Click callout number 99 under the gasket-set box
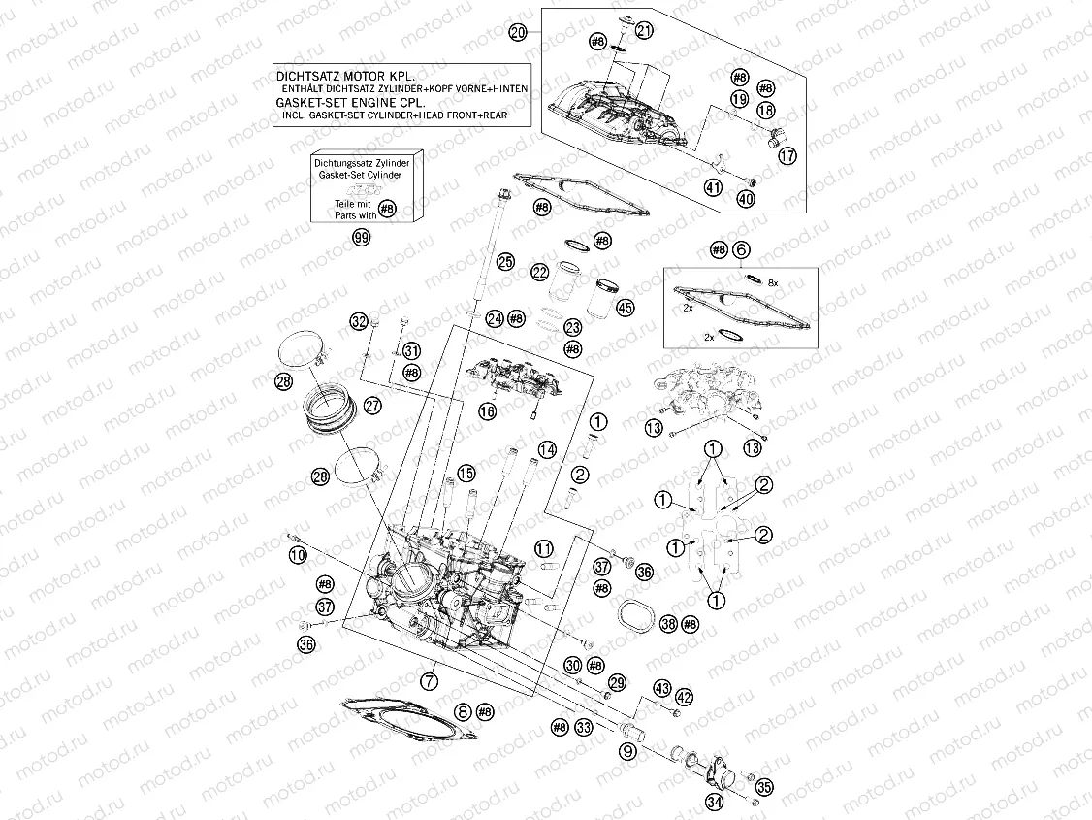362,239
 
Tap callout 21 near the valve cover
645,32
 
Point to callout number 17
787,155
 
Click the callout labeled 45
625,308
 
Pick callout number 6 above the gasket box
742,249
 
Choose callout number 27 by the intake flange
373,408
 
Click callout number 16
487,411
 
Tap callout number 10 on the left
297,554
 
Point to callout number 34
715,802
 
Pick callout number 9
628,750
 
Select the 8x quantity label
773,281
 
